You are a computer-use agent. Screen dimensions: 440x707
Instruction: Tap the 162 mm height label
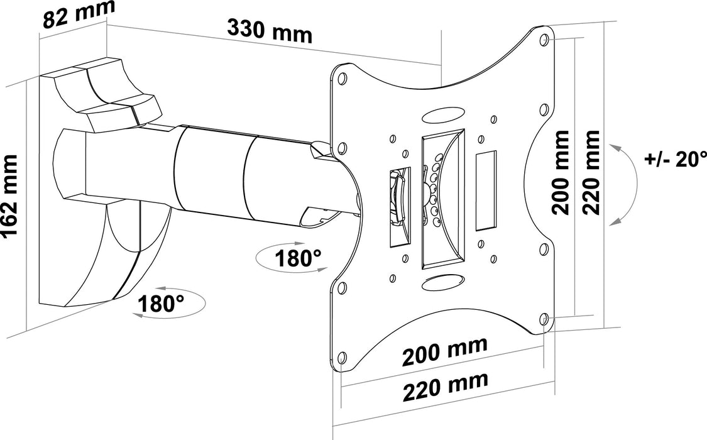(11, 197)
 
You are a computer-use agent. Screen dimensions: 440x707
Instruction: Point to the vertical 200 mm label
(561, 173)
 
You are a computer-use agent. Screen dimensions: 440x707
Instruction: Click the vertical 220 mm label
(591, 173)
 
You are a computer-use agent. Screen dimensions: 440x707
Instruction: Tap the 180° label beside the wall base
(161, 304)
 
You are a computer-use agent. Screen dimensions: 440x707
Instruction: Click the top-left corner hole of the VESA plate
(342, 80)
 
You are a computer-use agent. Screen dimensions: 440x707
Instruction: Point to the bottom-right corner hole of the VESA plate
(544, 319)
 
